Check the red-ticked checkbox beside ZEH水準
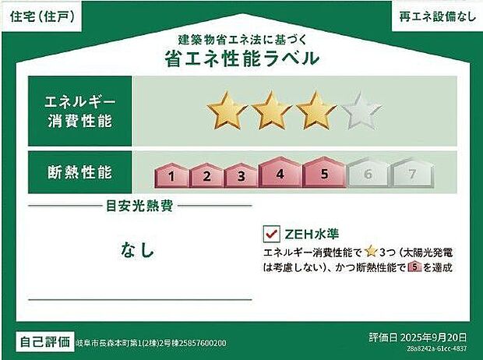[x=272, y=233]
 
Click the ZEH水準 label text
[x=311, y=233]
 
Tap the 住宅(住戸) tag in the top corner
[x=44, y=16]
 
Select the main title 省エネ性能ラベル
[x=241, y=58]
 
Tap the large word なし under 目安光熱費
[x=138, y=250]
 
